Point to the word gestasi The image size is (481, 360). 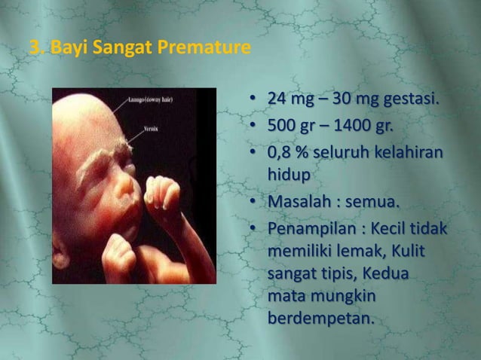[411, 101]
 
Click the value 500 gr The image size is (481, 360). [290, 124]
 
